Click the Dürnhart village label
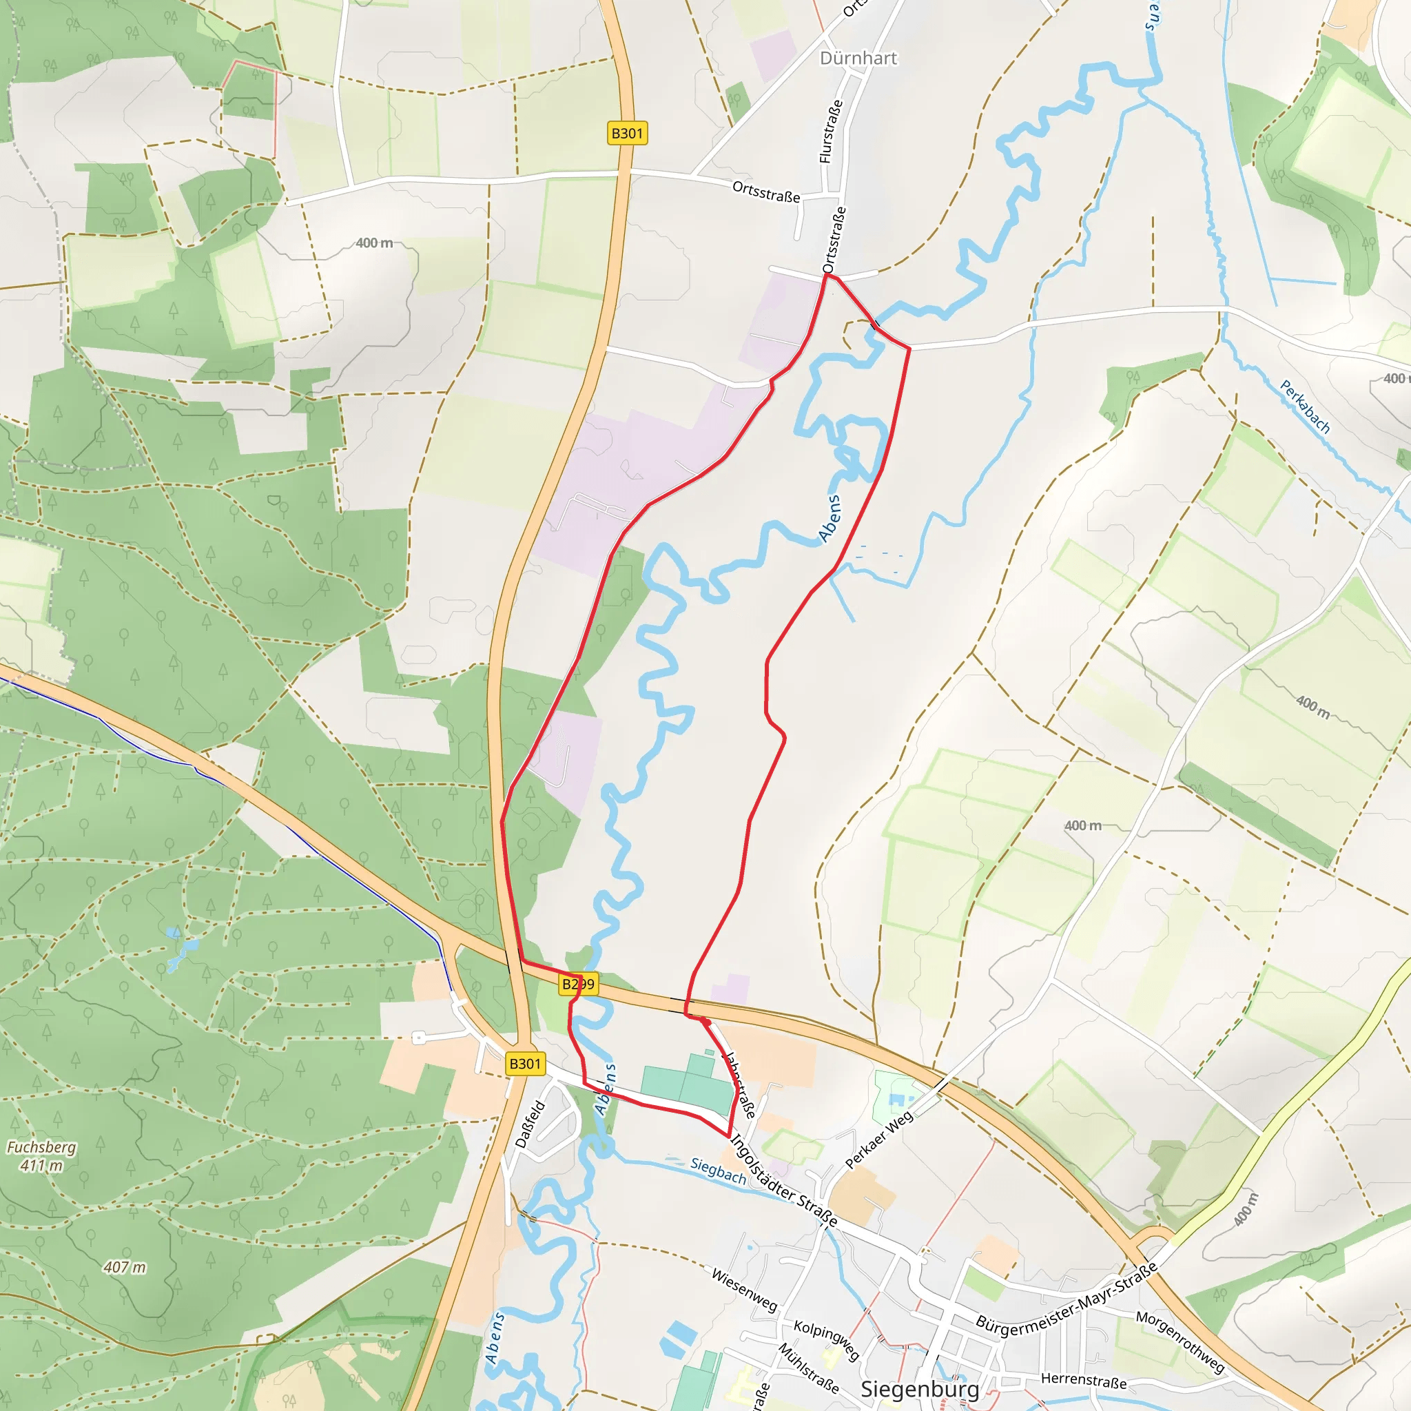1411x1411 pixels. pos(858,59)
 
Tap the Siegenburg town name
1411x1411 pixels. pos(920,1388)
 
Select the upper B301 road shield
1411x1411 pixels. pos(627,133)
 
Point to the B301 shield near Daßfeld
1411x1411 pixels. pos(524,1063)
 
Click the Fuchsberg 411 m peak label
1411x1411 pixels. pos(41,1155)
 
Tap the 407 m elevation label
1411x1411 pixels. pos(124,1267)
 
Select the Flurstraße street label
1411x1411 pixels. pos(830,132)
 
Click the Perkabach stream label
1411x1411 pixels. pos(1304,406)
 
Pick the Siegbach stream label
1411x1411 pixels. pos(718,1171)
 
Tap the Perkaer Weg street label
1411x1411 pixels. pos(878,1140)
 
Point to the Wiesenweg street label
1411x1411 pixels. pos(744,1289)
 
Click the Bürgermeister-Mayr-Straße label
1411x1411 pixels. pos(1067,1296)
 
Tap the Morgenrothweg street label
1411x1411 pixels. pos(1180,1341)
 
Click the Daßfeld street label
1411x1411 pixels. pos(531,1124)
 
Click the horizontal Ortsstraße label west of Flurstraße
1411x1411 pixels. pos(766,192)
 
